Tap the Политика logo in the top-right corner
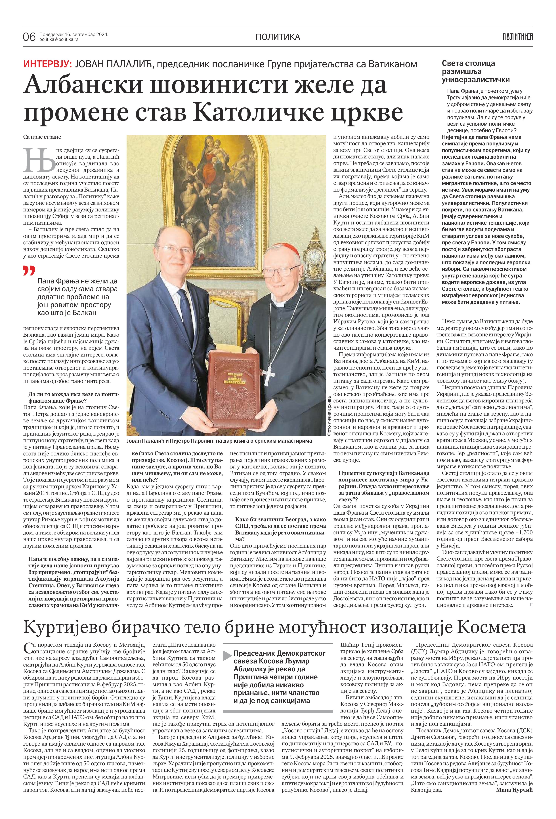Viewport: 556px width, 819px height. (x=517, y=36)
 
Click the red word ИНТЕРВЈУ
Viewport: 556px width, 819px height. (x=48, y=64)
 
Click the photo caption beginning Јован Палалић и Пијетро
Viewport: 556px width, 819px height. (x=219, y=440)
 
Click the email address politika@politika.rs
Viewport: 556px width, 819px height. (x=58, y=39)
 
